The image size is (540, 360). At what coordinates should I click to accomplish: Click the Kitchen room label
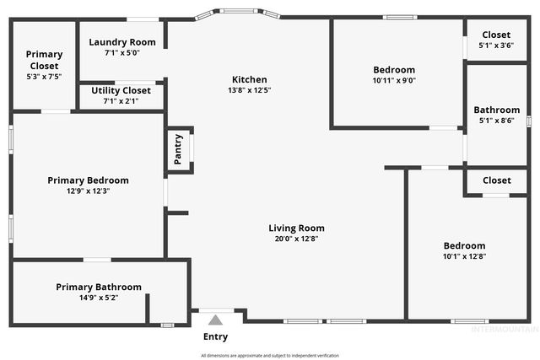tap(250, 79)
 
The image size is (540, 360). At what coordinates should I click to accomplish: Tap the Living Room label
tap(296, 228)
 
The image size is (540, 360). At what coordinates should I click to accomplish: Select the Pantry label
tap(178, 149)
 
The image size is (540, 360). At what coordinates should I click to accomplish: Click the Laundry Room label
tap(122, 42)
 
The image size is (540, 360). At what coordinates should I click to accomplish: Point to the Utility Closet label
tap(121, 90)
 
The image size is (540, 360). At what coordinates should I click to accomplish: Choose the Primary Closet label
tap(44, 60)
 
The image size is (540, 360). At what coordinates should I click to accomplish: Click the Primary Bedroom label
tap(88, 180)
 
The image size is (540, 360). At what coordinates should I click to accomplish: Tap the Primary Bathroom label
tap(99, 287)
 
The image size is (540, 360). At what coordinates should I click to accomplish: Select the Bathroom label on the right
tap(496, 110)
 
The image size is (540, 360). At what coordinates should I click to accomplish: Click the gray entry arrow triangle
tap(215, 320)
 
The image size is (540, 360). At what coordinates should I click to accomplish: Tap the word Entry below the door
tap(215, 337)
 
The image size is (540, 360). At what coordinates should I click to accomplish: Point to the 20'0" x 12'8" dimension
tap(296, 239)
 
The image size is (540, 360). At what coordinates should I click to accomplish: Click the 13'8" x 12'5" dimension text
tap(250, 90)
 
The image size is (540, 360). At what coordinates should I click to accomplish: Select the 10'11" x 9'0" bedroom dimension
tap(394, 81)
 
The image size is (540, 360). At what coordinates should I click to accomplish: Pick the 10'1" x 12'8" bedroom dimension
tap(464, 256)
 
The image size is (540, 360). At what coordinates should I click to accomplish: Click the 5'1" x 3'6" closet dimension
tap(496, 46)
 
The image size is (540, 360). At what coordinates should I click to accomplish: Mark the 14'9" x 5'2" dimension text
tap(99, 298)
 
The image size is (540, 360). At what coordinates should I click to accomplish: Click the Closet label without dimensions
tap(496, 180)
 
